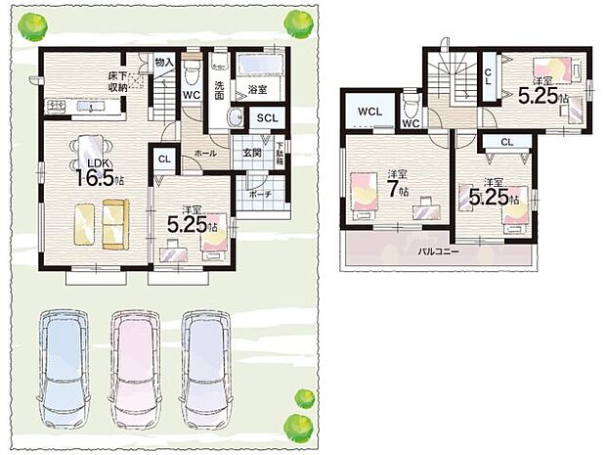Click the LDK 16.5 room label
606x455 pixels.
pyautogui.click(x=99, y=173)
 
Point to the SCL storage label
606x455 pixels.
pyautogui.click(x=268, y=118)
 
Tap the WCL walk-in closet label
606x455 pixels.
pyautogui.click(x=369, y=112)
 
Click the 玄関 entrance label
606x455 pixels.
pyautogui.click(x=252, y=153)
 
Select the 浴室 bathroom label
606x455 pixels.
pyautogui.click(x=257, y=90)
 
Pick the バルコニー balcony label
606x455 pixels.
pyautogui.click(x=439, y=251)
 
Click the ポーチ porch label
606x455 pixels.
pyautogui.click(x=259, y=195)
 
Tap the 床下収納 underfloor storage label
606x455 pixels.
pyautogui.click(x=118, y=81)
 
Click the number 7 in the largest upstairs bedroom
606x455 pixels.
pyautogui.click(x=394, y=191)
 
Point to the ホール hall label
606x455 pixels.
pyautogui.click(x=204, y=154)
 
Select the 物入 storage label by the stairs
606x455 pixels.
pyautogui.click(x=165, y=62)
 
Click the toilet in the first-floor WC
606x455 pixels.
pyautogui.click(x=192, y=71)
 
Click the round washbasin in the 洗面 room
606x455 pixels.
pyautogui.click(x=236, y=117)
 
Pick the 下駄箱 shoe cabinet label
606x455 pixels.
pyautogui.click(x=280, y=154)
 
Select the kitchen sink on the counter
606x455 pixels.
pyautogui.click(x=90, y=106)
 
